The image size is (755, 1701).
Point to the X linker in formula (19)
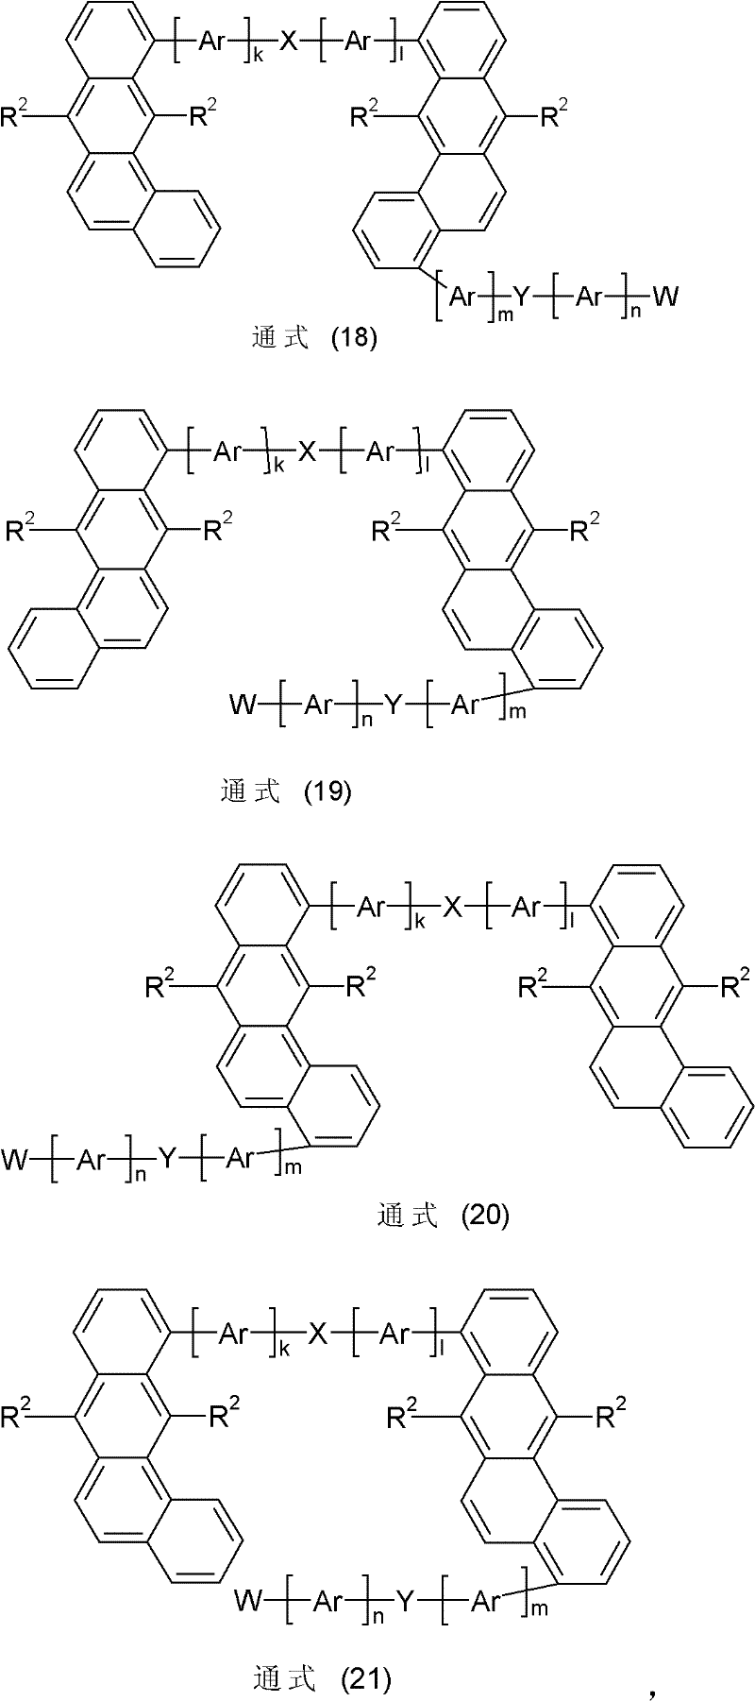click(307, 451)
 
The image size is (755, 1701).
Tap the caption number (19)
click(329, 791)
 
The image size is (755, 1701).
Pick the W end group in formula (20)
click(16, 1158)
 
